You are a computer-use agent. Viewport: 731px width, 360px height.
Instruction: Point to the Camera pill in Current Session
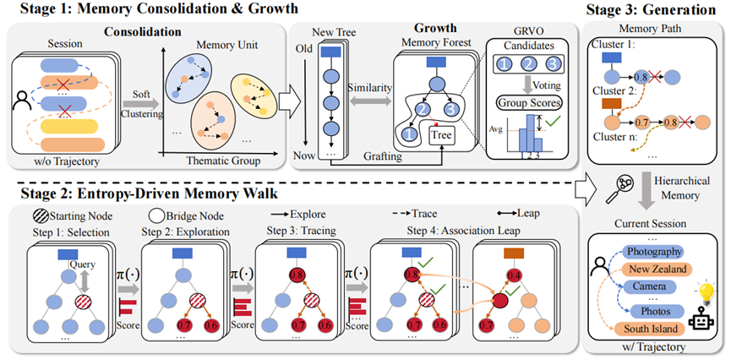[x=648, y=286]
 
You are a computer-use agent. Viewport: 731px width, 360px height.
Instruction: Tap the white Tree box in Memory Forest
[x=441, y=135]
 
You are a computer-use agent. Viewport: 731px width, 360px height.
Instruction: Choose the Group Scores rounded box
[x=529, y=101]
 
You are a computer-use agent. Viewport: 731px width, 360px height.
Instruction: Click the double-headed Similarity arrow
[x=372, y=102]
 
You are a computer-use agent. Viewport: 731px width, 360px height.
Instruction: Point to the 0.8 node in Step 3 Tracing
[x=296, y=275]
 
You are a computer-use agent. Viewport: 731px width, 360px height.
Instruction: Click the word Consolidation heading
[x=142, y=32]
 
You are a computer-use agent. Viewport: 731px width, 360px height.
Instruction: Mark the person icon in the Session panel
[x=23, y=100]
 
